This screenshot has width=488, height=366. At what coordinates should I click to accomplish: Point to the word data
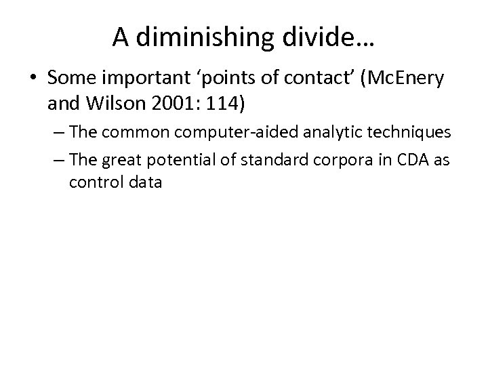142,183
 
